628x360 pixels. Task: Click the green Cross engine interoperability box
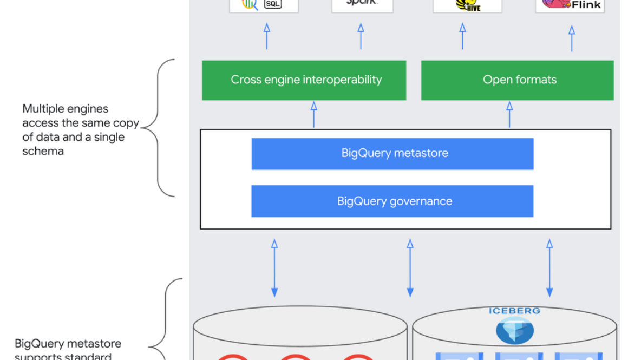coord(304,80)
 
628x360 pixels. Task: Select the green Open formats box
coord(517,80)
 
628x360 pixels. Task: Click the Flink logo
coord(570,5)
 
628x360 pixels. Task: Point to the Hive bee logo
coord(467,5)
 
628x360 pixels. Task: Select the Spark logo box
coord(362,4)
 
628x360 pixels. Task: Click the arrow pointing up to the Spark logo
coord(361,36)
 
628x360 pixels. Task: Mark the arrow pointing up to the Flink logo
coord(572,38)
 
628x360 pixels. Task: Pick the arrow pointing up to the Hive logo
coord(462,36)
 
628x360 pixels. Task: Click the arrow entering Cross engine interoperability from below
coord(313,114)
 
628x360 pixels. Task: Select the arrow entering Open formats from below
coord(509,114)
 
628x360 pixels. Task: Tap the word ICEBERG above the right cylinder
coord(514,311)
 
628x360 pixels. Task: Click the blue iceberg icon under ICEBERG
coord(515,330)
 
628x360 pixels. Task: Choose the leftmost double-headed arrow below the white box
coord(274,268)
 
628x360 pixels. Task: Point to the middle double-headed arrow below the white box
coord(410,268)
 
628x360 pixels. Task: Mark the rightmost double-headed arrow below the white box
coord(549,268)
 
